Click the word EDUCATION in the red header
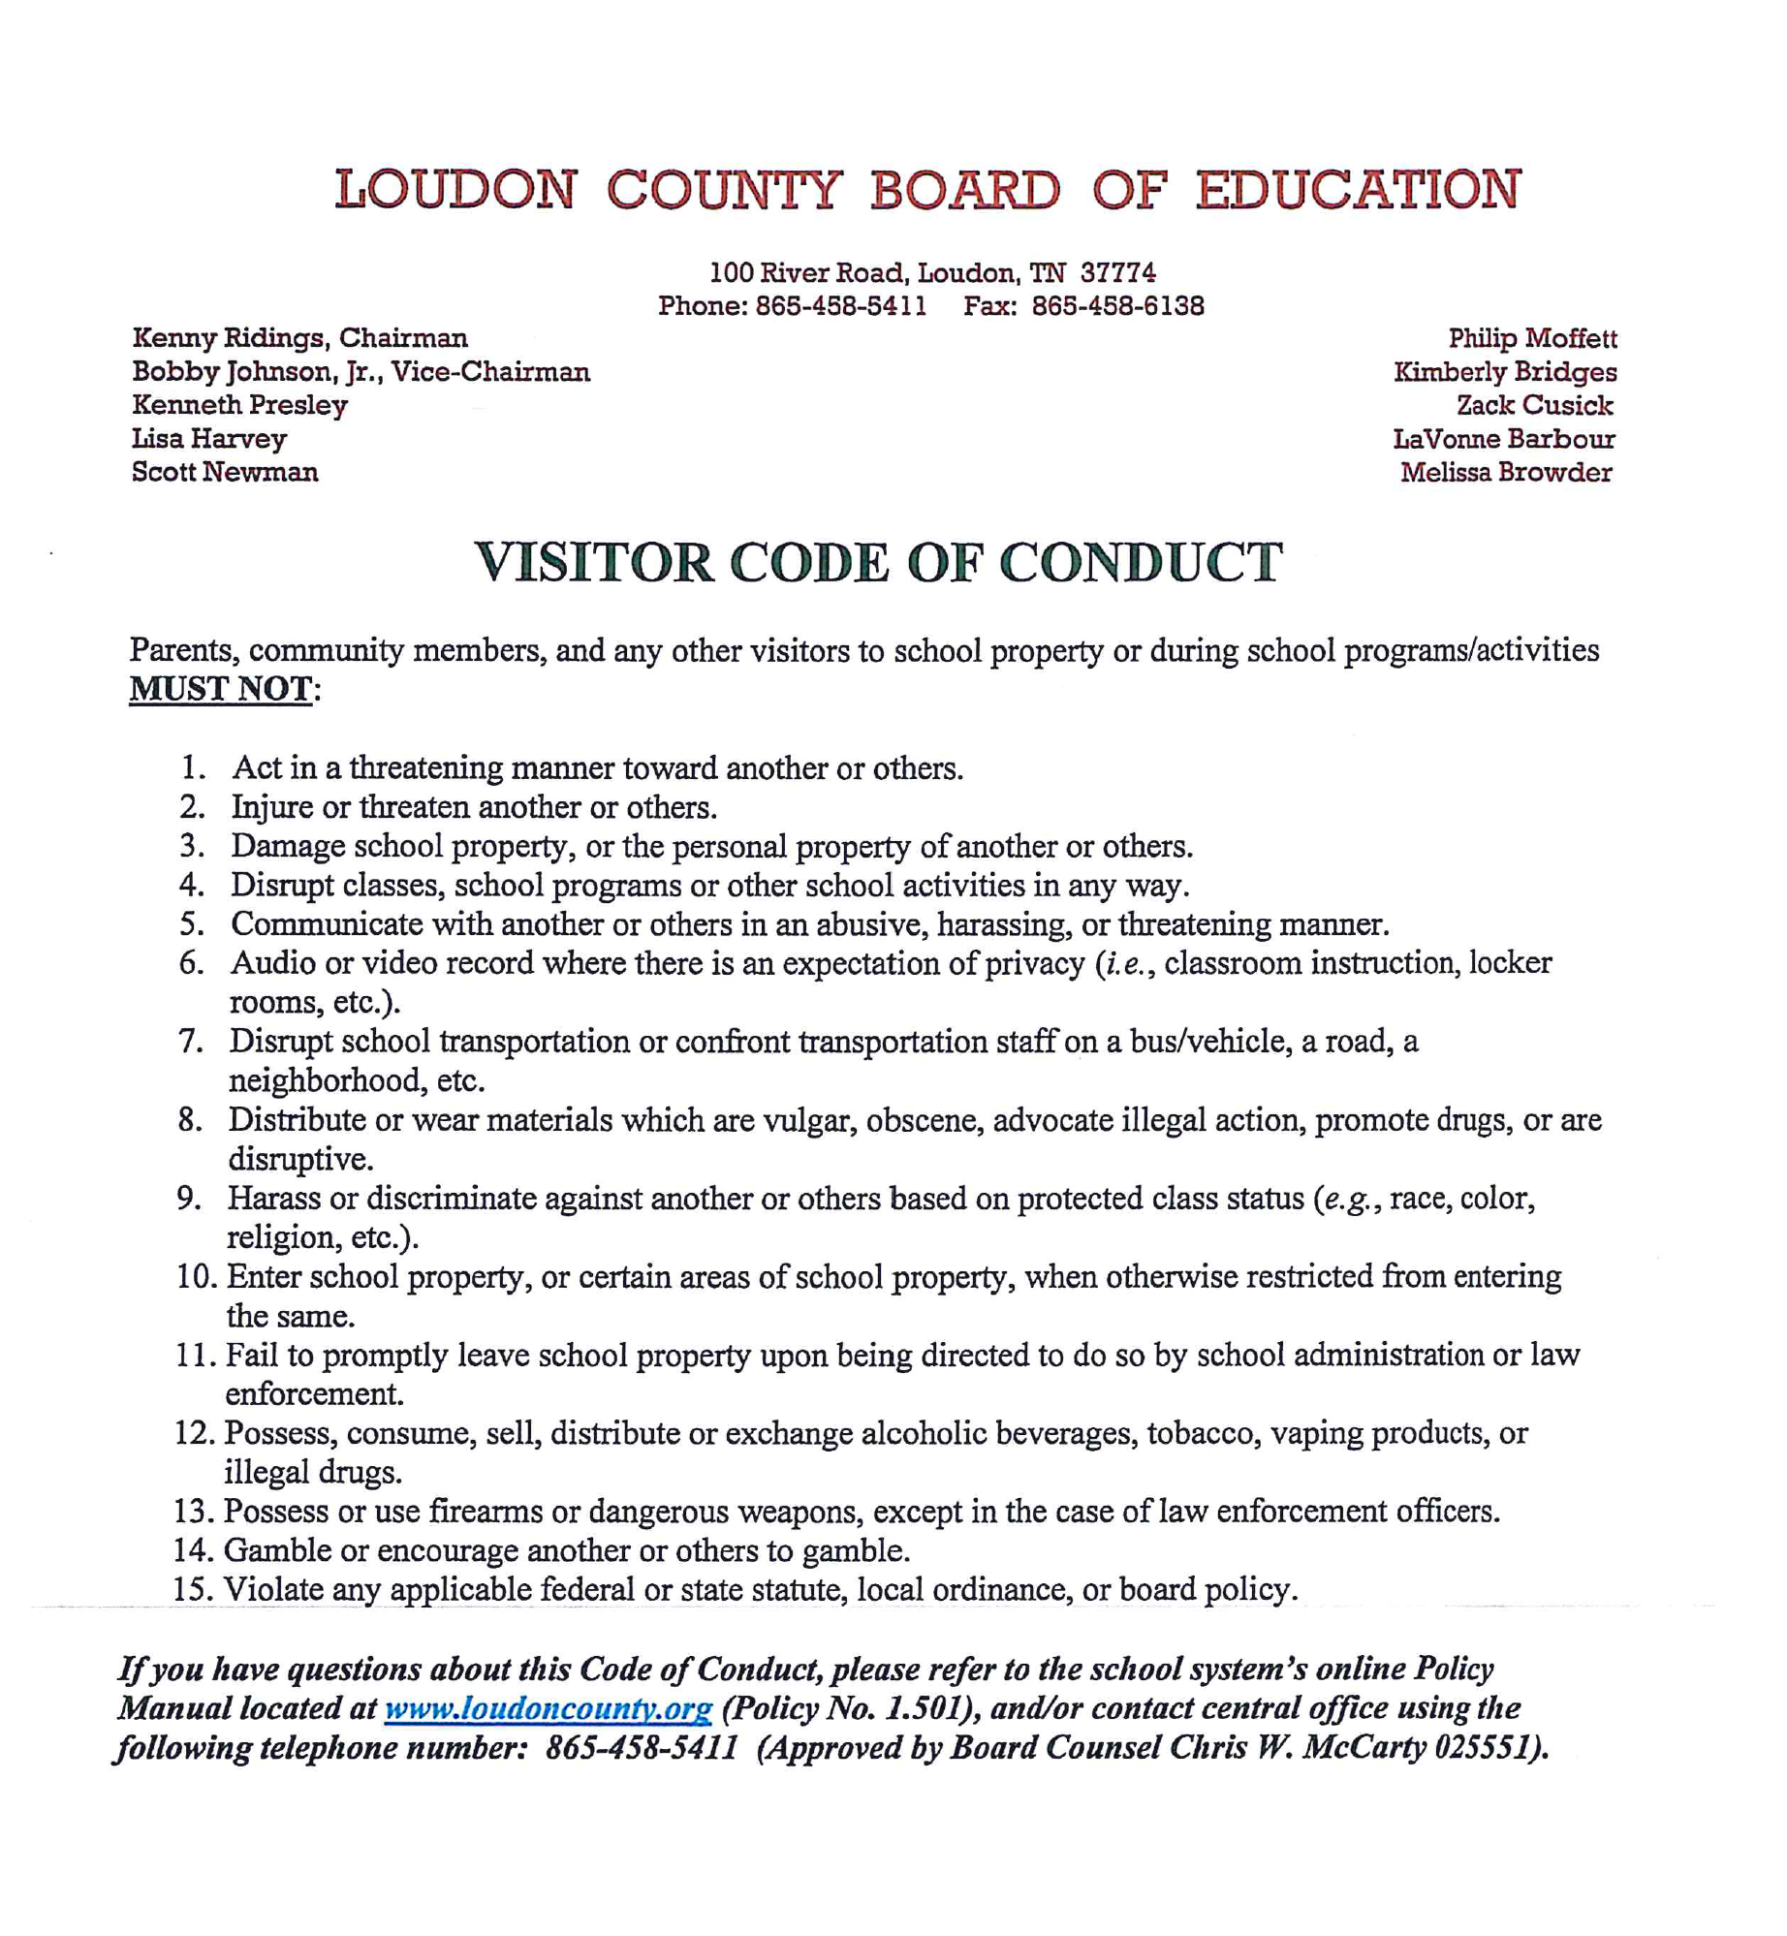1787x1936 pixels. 1357,189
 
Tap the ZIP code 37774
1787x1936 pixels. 1118,272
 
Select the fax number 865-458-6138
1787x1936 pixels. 1117,306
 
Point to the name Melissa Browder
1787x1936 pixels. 1506,472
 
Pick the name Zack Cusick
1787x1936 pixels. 1535,405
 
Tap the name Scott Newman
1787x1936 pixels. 225,472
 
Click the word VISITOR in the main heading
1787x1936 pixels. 593,563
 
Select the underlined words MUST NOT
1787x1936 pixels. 221,689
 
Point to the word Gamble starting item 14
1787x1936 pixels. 277,1550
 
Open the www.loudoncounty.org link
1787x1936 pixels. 549,1707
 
